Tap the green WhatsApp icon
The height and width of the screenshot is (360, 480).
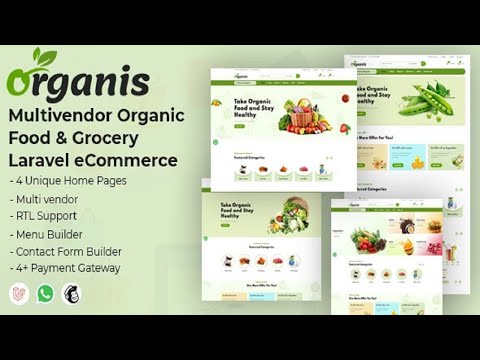click(x=45, y=294)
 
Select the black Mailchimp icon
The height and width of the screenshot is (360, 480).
click(x=71, y=294)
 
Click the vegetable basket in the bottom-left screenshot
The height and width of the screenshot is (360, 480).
click(x=287, y=216)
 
